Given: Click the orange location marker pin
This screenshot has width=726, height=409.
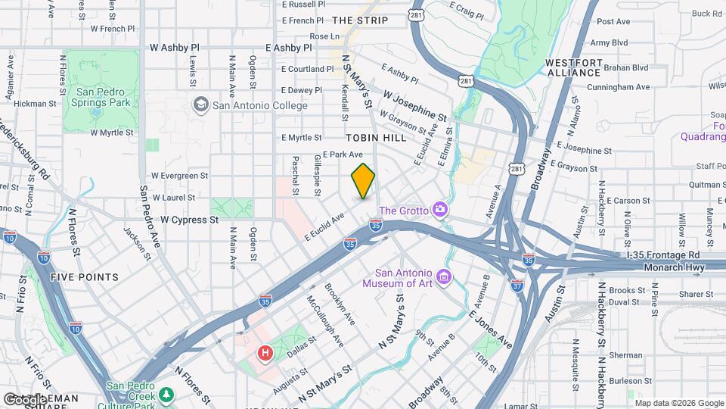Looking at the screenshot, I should click(x=363, y=181).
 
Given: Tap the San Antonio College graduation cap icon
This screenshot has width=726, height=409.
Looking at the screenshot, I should click(x=201, y=105).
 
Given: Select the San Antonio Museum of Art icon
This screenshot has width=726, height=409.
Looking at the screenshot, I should click(x=443, y=277).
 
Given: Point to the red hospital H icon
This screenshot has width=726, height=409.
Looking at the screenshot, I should click(x=265, y=352).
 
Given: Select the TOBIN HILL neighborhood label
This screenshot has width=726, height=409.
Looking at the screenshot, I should click(x=376, y=138).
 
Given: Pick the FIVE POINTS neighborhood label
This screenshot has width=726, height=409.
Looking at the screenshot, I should click(x=85, y=277).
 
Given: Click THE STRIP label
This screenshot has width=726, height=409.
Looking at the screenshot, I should click(x=354, y=20).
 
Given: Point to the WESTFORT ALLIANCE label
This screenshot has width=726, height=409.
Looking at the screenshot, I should click(x=573, y=67).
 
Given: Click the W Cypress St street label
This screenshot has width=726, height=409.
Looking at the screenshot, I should click(x=188, y=220).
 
